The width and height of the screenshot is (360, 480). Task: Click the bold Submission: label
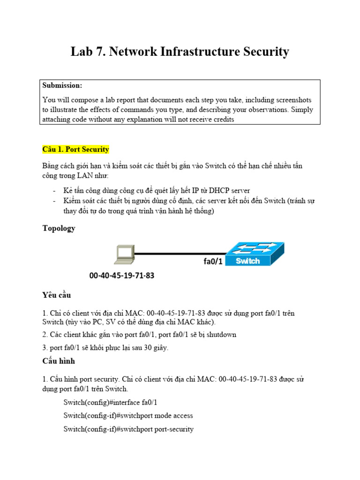[62, 85]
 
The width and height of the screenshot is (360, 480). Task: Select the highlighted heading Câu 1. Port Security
[75, 150]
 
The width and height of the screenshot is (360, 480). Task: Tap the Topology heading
[59, 228]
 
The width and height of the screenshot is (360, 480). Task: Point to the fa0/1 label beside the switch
[213, 262]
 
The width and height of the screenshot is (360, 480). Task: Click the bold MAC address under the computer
[121, 276]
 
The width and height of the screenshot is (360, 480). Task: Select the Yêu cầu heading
[56, 295]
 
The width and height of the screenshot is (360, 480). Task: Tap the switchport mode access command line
[128, 416]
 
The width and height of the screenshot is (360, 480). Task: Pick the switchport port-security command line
[128, 429]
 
